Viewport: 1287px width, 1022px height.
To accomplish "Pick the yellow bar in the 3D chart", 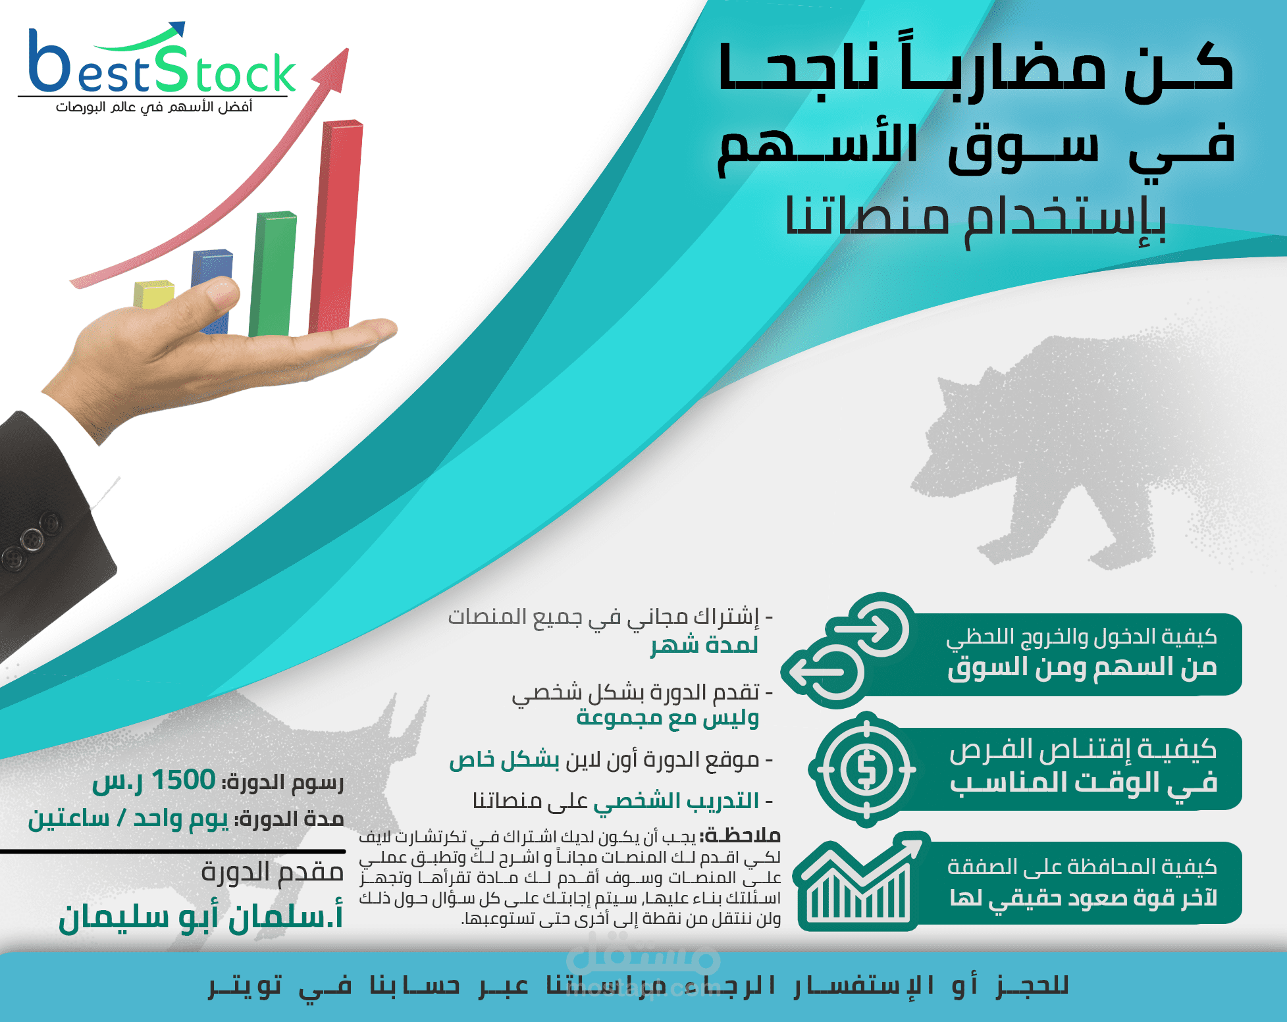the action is pos(153,294).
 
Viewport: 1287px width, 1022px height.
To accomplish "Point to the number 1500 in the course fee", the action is pos(183,780).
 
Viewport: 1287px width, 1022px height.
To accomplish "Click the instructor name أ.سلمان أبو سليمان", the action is pos(201,916).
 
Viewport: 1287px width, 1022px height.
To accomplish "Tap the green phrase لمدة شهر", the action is pos(704,644).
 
